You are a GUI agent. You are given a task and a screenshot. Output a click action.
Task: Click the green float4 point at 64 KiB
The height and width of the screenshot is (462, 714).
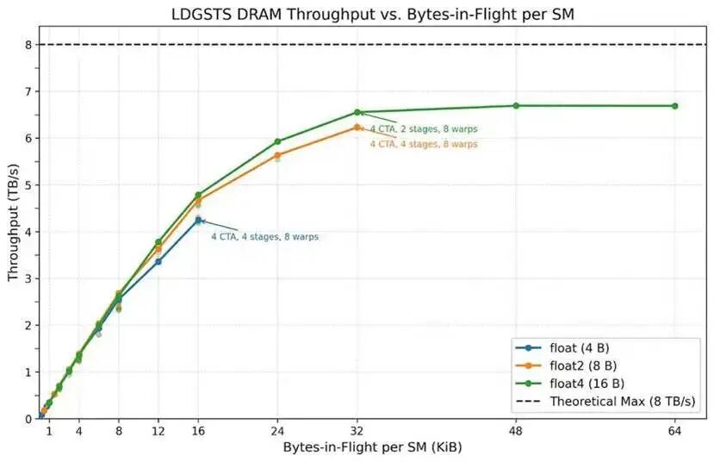pyautogui.click(x=674, y=106)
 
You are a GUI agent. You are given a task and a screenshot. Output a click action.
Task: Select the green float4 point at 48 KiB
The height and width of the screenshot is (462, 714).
pyautogui.click(x=516, y=106)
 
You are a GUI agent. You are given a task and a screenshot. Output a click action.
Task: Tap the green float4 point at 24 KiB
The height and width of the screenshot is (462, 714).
pyautogui.click(x=277, y=141)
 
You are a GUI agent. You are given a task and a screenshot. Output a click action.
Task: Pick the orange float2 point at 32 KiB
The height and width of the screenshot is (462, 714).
pyautogui.click(x=357, y=128)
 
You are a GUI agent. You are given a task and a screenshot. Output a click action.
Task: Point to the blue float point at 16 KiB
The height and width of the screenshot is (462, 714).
pyautogui.click(x=198, y=221)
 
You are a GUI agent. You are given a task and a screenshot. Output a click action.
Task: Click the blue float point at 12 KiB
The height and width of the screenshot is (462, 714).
pyautogui.click(x=158, y=261)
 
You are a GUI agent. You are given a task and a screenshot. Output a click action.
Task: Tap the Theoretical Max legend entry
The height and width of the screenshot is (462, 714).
pyautogui.click(x=622, y=401)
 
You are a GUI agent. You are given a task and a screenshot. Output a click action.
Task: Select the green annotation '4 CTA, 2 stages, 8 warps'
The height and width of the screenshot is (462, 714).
pyautogui.click(x=423, y=129)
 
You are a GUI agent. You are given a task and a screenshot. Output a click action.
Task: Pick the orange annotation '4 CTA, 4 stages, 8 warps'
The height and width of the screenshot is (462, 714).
pyautogui.click(x=423, y=144)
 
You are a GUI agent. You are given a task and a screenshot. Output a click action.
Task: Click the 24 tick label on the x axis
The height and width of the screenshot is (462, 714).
pyautogui.click(x=277, y=431)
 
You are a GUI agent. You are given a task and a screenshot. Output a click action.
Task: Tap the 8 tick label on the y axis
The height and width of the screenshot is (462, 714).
pyautogui.click(x=28, y=45)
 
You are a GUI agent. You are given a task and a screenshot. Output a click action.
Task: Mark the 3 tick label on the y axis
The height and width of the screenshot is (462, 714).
pyautogui.click(x=28, y=278)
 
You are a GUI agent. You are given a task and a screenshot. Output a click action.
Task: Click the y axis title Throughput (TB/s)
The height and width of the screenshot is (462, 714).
pyautogui.click(x=12, y=232)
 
